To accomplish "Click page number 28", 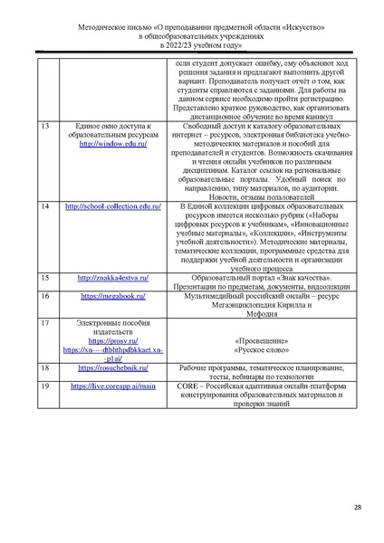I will click(357, 507).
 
